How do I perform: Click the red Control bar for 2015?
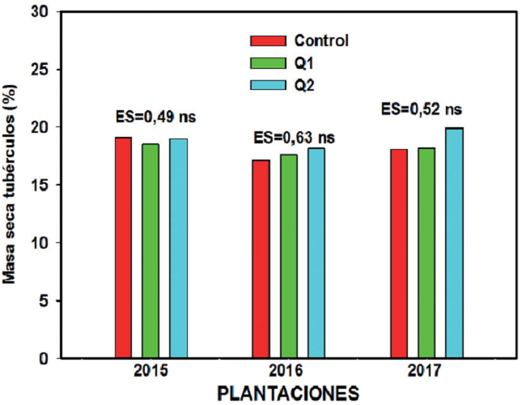[x=123, y=247]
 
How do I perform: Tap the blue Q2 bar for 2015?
[x=178, y=248]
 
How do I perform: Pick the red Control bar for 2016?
[x=261, y=258]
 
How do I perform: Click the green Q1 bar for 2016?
[x=289, y=256]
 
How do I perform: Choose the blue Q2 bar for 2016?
[x=316, y=253]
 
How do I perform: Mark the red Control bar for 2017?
[x=398, y=253]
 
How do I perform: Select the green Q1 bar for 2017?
[x=426, y=253]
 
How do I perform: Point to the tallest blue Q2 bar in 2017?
[x=454, y=242]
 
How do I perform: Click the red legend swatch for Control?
[x=266, y=41]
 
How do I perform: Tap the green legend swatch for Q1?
[x=266, y=62]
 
